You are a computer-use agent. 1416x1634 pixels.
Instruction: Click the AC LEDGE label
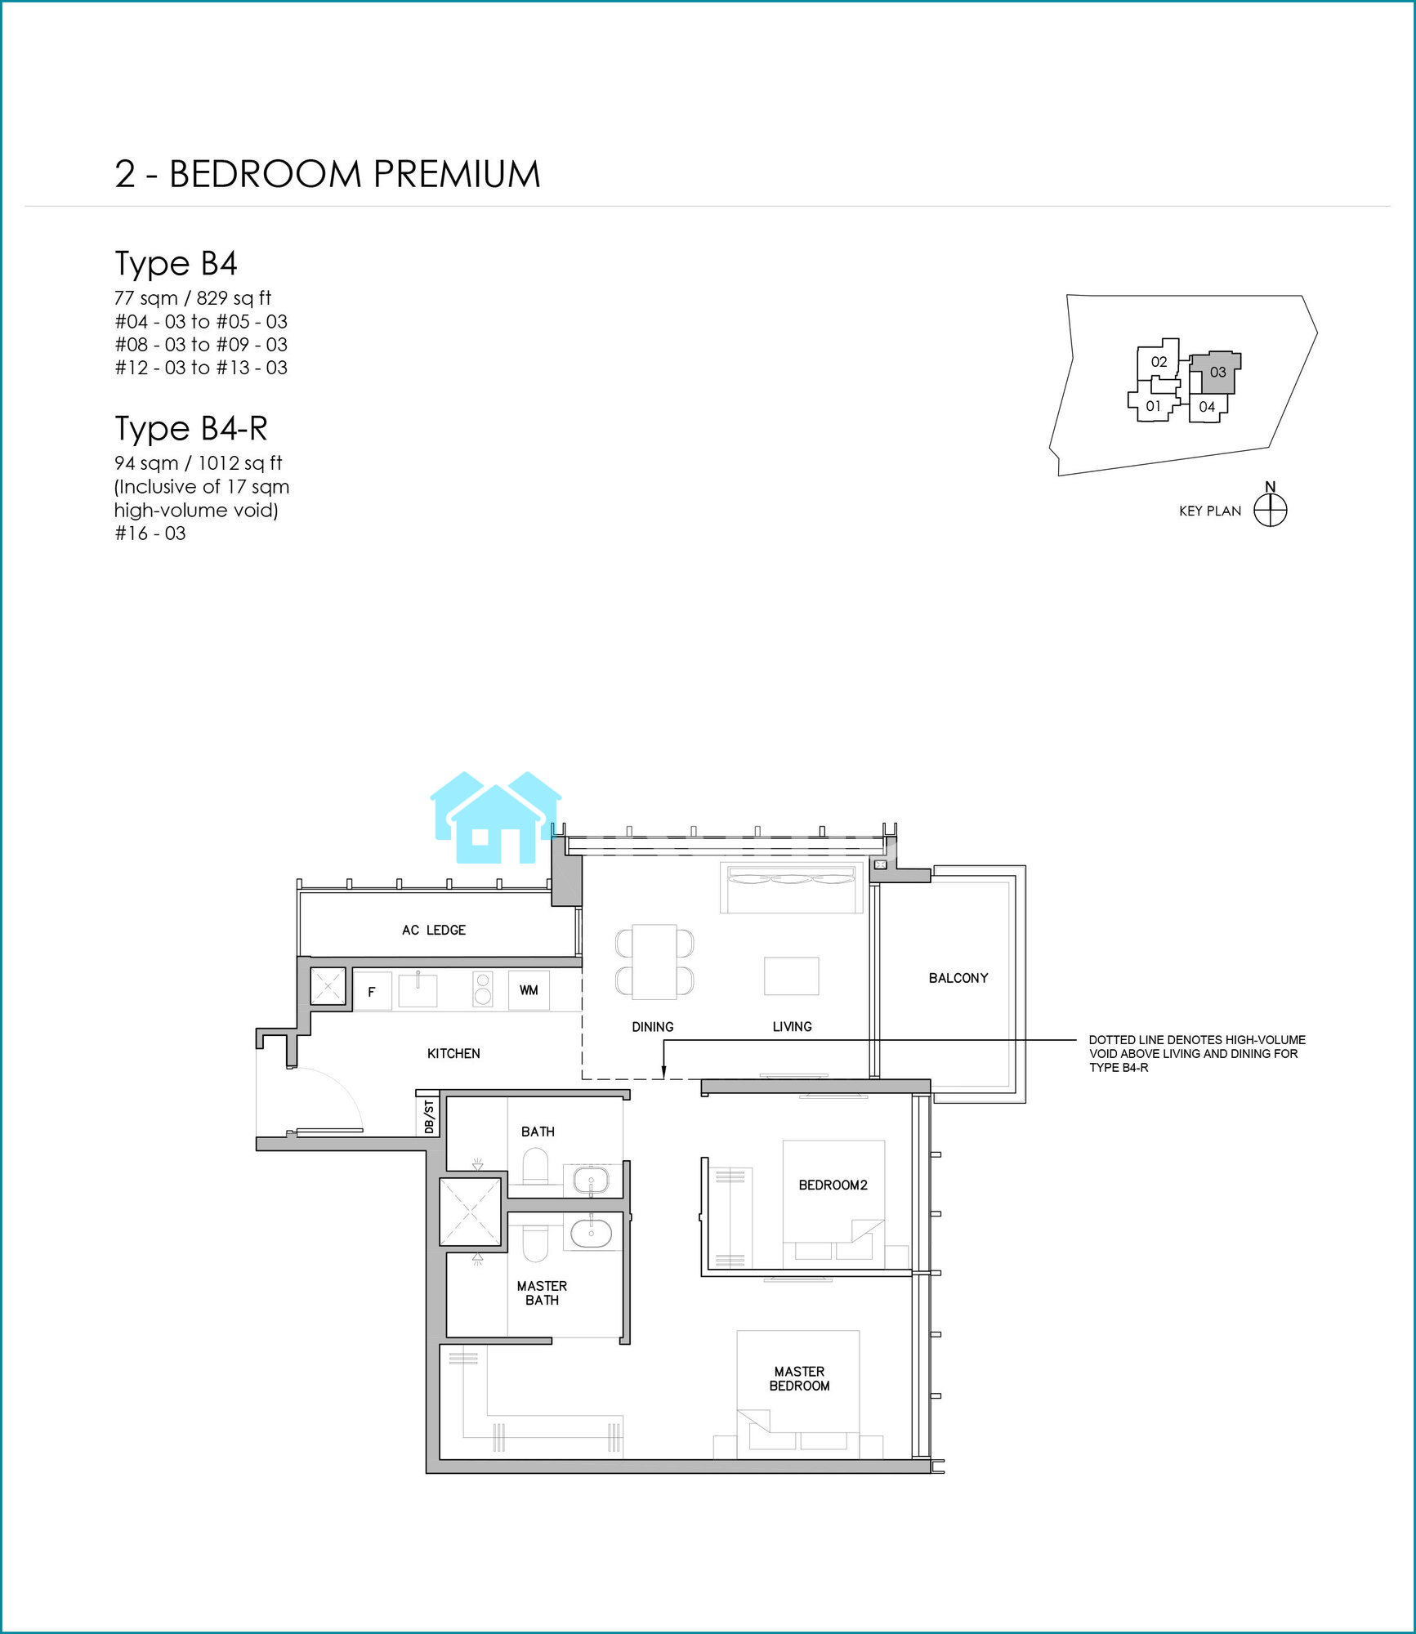click(434, 930)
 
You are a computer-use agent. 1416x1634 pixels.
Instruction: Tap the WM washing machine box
click(529, 990)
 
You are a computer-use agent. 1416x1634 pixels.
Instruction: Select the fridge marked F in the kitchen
click(373, 991)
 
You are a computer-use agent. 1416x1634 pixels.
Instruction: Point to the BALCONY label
click(958, 978)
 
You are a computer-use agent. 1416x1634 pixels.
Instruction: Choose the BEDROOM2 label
click(833, 1185)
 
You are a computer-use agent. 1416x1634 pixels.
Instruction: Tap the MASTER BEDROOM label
click(799, 1378)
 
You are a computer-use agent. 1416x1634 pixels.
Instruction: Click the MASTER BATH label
click(542, 1292)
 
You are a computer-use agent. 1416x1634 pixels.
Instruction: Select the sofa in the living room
click(791, 887)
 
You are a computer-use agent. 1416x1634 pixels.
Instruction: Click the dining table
click(654, 962)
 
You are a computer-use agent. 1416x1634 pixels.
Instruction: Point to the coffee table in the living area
click(791, 975)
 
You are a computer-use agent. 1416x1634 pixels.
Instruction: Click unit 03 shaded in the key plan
click(1218, 373)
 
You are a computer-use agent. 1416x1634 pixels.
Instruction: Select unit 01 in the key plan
click(1153, 406)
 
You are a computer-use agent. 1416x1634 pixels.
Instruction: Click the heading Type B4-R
click(191, 428)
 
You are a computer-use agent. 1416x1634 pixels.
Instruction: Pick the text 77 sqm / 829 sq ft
click(193, 298)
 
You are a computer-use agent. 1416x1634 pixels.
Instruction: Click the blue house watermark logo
click(496, 817)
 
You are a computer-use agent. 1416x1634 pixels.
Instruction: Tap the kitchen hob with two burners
click(483, 989)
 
